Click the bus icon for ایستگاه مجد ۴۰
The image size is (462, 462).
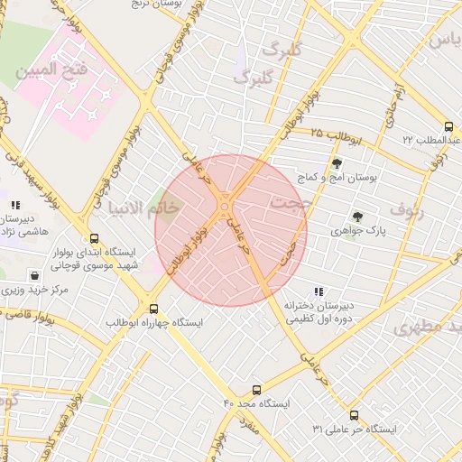tap(257, 391)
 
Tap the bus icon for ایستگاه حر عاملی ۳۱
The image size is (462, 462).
tap(353, 416)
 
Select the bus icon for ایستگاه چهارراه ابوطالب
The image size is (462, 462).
tap(153, 309)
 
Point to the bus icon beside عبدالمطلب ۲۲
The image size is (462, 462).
tap(448, 126)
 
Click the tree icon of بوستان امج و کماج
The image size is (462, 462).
tap(337, 163)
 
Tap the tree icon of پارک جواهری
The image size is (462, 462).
tap(357, 217)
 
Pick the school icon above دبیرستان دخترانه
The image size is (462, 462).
tap(318, 291)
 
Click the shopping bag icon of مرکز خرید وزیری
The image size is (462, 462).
tap(34, 275)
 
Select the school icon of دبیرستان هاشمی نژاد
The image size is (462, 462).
tap(15, 205)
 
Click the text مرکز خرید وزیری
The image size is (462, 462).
tap(34, 291)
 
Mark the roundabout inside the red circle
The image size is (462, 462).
tap(224, 210)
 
